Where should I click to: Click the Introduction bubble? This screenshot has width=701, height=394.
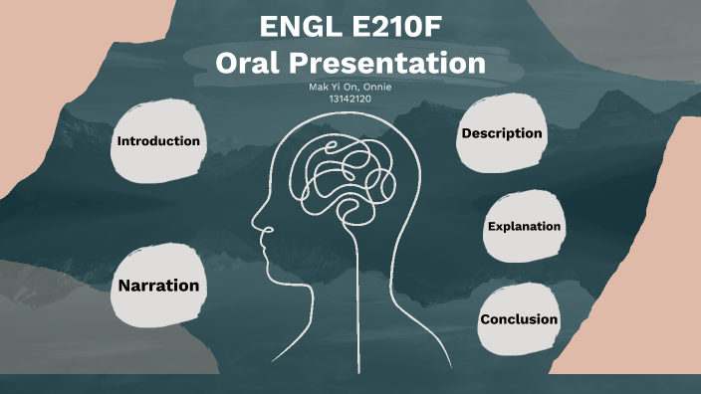point(158,141)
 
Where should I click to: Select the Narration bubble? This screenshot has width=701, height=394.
point(158,286)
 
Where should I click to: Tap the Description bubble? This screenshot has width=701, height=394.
point(502,133)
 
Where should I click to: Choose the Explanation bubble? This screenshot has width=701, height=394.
point(524,227)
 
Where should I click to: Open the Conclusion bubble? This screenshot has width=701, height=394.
point(519,319)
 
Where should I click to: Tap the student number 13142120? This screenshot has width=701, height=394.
point(350,99)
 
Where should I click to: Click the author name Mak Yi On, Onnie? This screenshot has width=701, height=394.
point(350,88)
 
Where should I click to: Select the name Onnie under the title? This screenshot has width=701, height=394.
point(376,88)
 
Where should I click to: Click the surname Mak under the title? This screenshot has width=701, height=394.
point(320,88)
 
